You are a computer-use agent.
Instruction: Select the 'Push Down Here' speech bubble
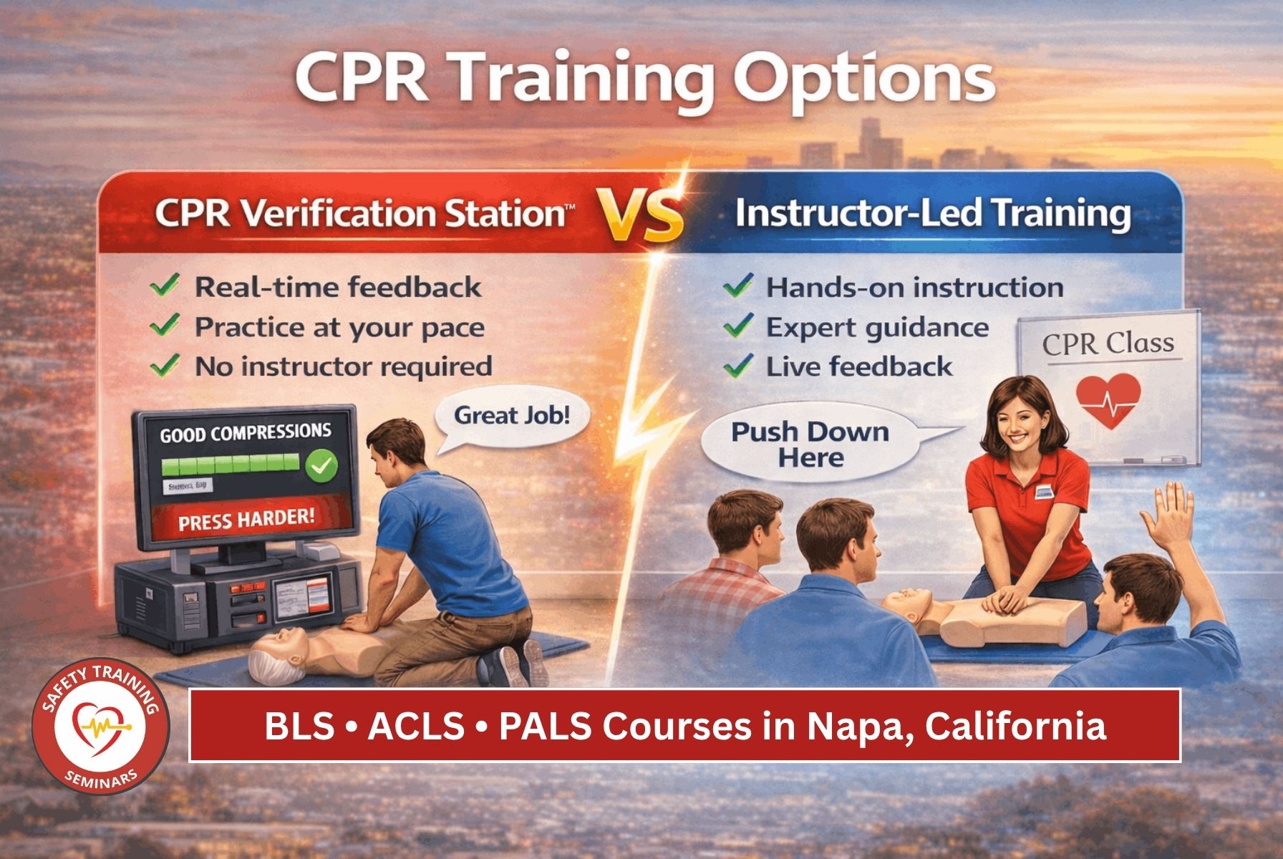tap(810, 445)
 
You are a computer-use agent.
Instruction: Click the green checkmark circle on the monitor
tap(321, 467)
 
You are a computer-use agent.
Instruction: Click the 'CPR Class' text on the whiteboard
tap(1108, 344)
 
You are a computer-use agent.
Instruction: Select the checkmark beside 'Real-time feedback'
tap(165, 287)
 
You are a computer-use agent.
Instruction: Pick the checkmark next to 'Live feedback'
tap(737, 367)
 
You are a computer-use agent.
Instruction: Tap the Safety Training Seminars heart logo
tap(100, 730)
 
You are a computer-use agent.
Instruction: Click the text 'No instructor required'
tap(344, 367)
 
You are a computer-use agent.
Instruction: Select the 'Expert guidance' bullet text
tap(877, 327)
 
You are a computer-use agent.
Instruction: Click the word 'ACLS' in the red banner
tap(415, 727)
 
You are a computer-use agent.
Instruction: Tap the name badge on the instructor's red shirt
tap(1046, 491)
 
